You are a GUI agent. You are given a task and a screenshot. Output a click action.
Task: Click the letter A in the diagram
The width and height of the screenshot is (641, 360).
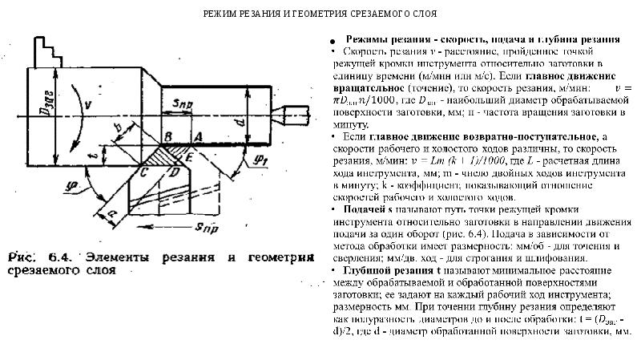click(198, 139)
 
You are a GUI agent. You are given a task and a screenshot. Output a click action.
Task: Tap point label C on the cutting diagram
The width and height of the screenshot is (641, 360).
click(143, 172)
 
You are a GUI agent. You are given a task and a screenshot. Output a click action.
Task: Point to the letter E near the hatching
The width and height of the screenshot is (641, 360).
click(189, 160)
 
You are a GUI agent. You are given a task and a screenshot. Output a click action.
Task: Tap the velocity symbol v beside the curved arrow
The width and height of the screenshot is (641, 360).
click(87, 104)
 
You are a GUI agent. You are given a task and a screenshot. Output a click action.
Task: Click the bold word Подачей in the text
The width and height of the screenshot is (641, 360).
click(358, 208)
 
